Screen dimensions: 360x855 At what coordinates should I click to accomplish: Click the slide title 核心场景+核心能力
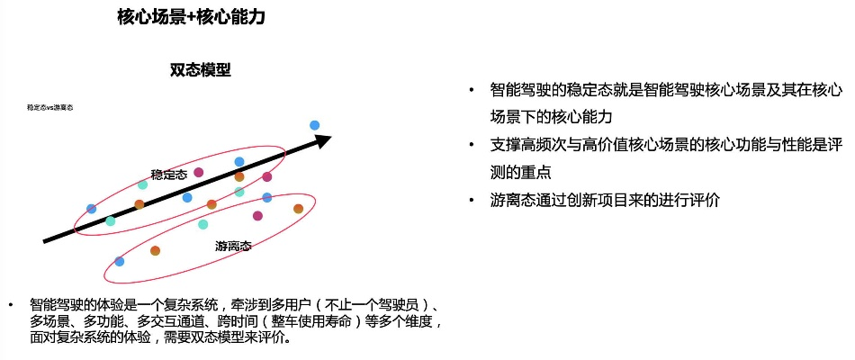pos(191,17)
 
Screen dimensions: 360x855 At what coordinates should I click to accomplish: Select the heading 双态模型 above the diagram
pos(200,70)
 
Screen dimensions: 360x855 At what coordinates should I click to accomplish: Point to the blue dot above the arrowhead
pos(314,125)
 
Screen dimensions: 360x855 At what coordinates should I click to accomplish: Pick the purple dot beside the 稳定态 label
pos(199,172)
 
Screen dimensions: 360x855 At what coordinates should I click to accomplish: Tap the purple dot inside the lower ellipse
pos(257,216)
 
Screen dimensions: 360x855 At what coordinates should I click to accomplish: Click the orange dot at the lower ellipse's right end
pos(298,209)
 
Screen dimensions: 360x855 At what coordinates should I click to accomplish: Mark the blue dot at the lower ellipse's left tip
pos(119,261)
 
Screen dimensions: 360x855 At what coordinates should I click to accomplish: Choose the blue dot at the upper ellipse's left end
pos(91,209)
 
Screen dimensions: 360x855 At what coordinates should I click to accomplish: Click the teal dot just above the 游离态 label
pos(202,224)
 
